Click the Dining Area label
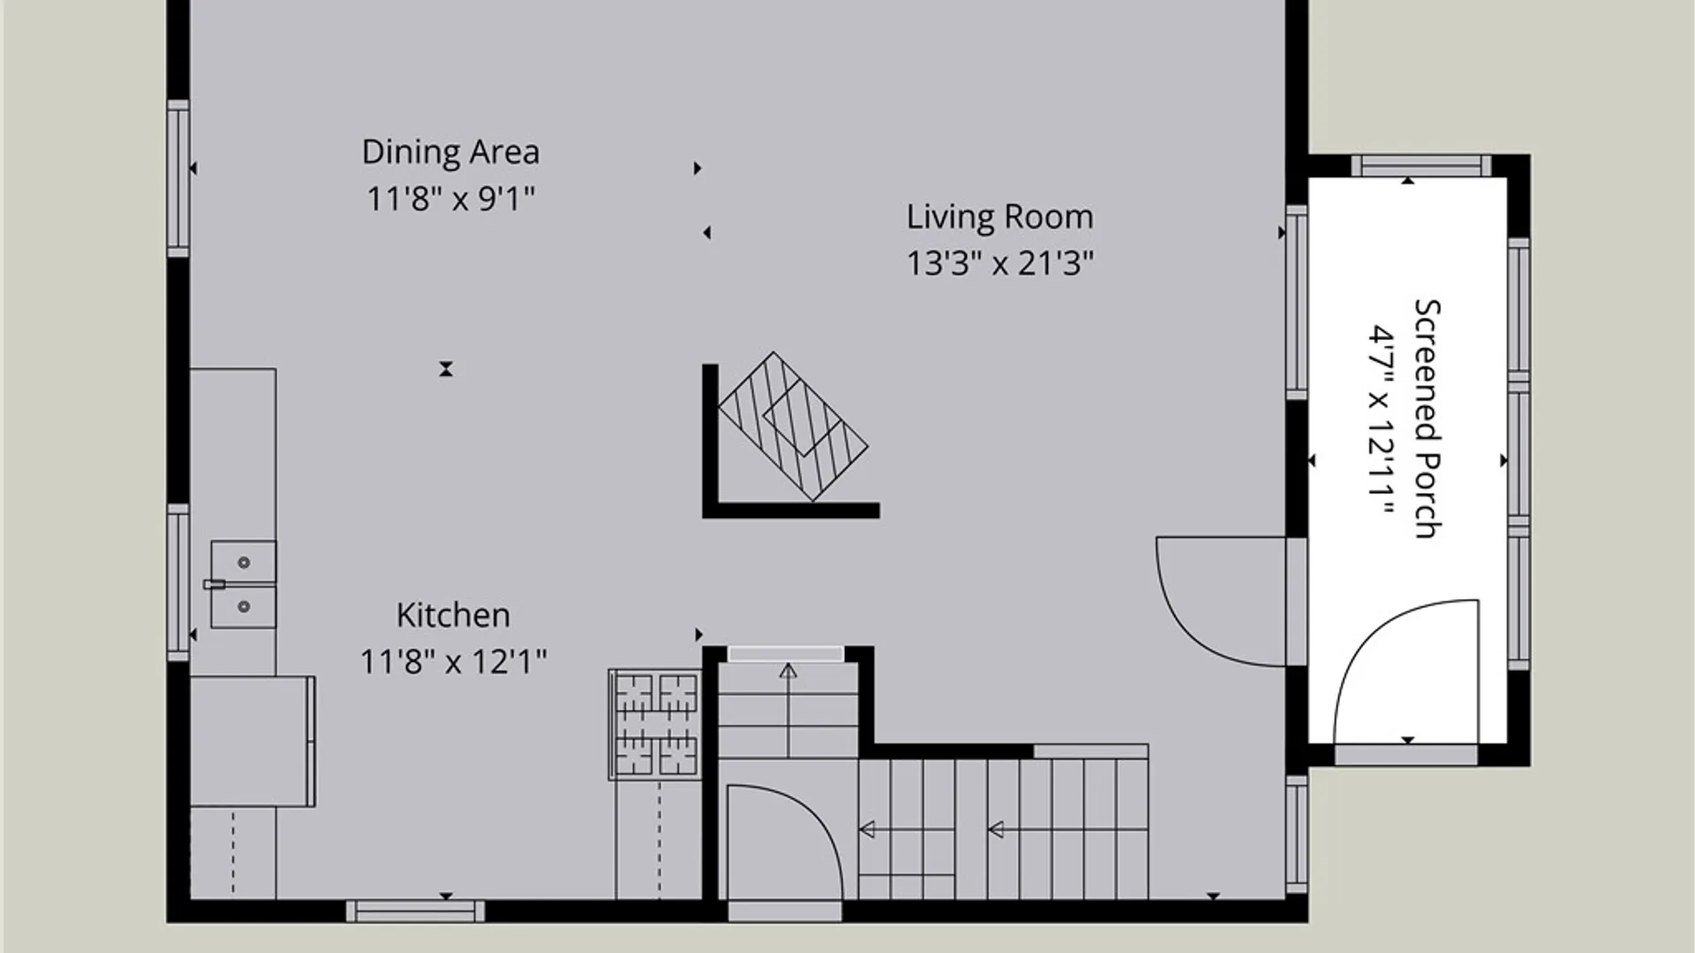(450, 152)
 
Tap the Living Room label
(999, 217)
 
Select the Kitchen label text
(453, 615)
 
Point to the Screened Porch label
(1428, 418)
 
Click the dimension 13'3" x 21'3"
(1000, 263)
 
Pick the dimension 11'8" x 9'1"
(450, 199)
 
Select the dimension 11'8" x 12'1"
(453, 662)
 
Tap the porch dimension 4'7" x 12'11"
(1381, 421)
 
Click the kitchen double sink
(243, 584)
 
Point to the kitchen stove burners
(655, 724)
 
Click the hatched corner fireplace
(793, 426)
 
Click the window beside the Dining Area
(178, 178)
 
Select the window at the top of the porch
(1420, 166)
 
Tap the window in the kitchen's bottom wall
(415, 912)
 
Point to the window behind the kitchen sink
(178, 582)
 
